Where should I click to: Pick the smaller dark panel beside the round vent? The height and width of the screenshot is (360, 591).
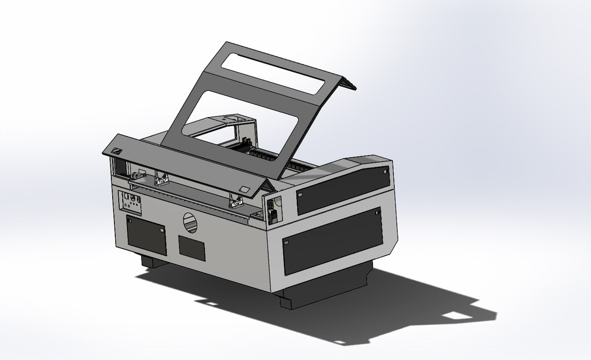191,247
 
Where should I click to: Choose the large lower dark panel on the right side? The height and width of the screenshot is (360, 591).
331,240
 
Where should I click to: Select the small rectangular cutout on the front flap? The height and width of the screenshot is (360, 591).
244,190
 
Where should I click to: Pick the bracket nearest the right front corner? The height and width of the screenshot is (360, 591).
236,200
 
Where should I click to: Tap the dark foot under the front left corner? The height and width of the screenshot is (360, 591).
153,262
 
